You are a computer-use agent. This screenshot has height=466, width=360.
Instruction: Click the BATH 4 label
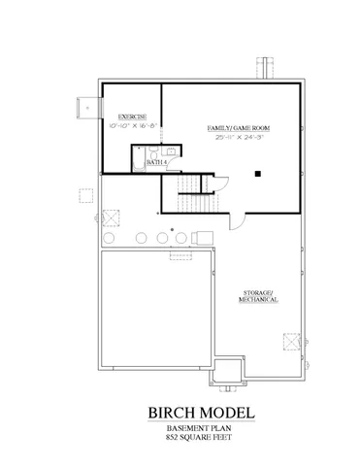coord(156,162)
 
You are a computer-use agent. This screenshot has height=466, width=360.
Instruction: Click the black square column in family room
coord(259,174)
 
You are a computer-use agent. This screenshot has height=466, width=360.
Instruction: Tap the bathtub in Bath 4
coord(136,160)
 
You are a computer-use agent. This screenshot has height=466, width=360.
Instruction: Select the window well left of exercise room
coord(90,108)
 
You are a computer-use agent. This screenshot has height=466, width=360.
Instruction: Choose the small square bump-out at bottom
coord(226,370)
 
